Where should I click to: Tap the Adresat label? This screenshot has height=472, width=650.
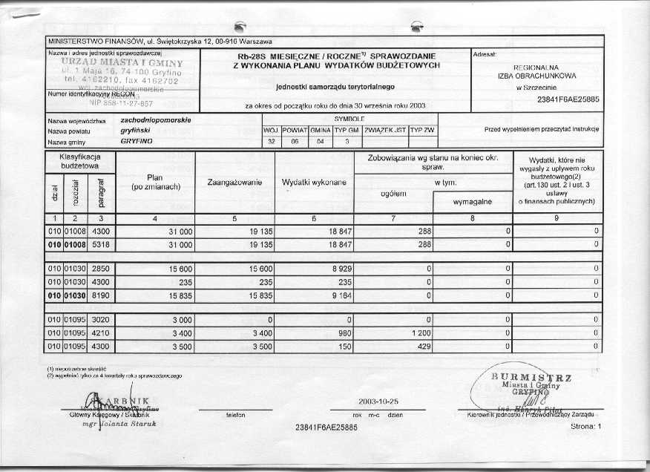484,54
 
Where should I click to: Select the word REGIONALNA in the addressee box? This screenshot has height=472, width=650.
536,68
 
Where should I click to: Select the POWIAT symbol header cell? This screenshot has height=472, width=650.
295,130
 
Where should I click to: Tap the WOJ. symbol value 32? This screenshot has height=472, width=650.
271,141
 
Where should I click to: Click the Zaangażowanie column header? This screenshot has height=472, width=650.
234,183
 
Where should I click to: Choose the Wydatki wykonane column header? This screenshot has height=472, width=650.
314,183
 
